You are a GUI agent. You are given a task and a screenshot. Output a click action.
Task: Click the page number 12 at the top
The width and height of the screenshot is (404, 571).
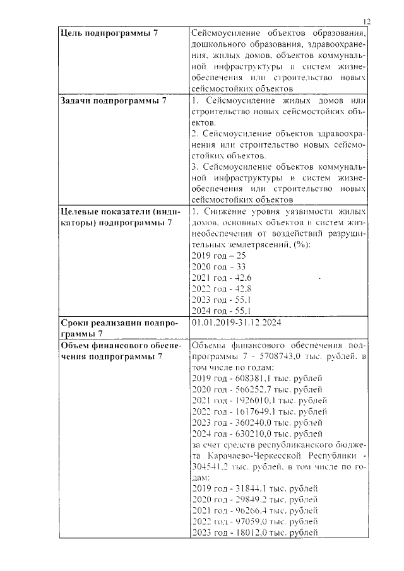(367, 21)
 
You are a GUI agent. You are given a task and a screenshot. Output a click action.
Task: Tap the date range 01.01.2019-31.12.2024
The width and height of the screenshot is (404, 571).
(235, 322)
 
